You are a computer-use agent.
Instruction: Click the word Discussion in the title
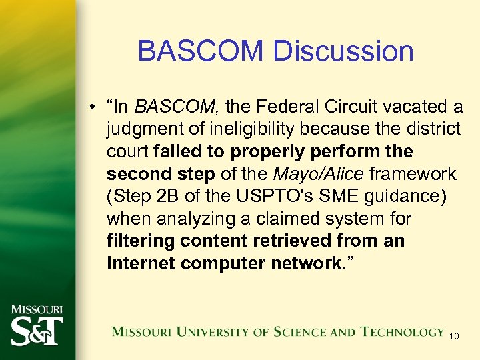[347, 51]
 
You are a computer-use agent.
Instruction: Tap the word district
[434, 129]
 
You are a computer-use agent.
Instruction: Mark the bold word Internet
[141, 263]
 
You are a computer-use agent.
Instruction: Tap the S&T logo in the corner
[36, 329]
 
